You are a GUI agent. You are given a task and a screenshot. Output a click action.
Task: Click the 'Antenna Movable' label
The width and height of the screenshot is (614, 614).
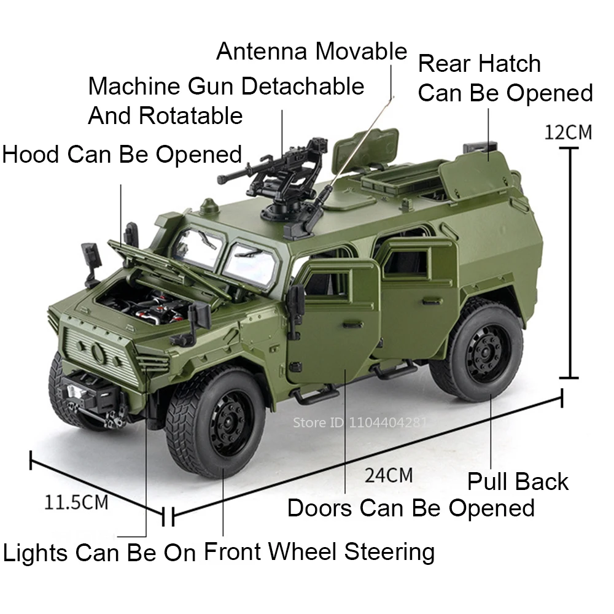(x=311, y=52)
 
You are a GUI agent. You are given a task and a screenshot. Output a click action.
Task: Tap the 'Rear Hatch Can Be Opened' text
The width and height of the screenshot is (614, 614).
(x=505, y=79)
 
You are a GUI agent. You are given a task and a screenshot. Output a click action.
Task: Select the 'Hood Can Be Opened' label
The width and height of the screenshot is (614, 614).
(x=122, y=154)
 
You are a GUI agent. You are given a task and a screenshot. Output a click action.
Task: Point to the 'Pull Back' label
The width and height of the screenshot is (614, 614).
(x=518, y=481)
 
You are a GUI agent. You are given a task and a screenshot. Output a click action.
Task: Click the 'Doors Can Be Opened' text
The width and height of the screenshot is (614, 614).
(x=411, y=508)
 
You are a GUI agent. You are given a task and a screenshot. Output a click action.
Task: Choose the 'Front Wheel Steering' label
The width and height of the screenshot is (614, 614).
(x=319, y=551)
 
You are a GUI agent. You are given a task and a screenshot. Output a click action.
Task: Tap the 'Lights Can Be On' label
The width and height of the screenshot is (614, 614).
(x=99, y=552)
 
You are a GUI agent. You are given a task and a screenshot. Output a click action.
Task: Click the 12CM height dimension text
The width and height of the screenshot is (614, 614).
(x=569, y=132)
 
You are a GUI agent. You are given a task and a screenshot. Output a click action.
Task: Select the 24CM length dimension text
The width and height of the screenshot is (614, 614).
(x=388, y=475)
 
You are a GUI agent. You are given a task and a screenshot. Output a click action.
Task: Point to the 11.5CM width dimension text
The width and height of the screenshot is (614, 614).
(x=76, y=502)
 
